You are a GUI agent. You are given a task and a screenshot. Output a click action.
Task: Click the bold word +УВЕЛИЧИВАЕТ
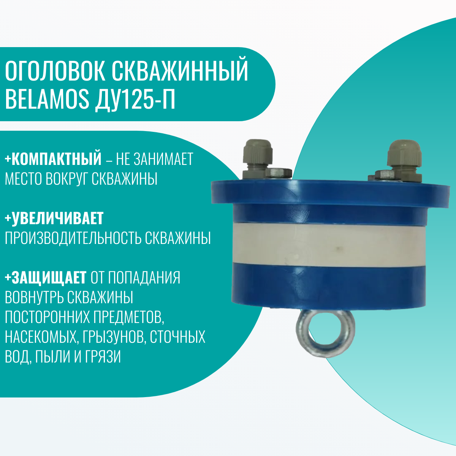54,218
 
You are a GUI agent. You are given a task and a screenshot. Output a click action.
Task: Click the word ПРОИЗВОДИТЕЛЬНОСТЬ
73,238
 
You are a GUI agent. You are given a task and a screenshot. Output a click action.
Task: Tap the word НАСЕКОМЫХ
41,337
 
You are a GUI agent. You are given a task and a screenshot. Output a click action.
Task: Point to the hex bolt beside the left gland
279,173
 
